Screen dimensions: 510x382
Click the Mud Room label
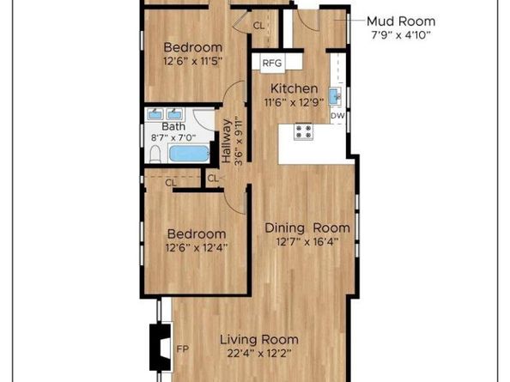401,21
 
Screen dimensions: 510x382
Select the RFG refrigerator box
272,63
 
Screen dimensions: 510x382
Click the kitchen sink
335,96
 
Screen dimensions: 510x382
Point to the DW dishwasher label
337,116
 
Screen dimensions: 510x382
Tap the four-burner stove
303,131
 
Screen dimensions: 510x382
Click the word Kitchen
294,88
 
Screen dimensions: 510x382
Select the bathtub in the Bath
189,154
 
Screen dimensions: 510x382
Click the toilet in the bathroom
155,155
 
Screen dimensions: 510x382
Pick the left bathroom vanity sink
155,114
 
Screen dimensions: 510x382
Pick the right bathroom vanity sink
174,114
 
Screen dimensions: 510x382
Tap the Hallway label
227,141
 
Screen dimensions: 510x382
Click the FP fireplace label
183,349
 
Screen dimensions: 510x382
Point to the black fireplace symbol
160,347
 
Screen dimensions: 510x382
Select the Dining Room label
307,227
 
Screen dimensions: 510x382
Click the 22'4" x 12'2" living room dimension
259,354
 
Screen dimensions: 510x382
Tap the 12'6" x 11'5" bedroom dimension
194,61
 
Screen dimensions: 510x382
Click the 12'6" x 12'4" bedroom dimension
197,248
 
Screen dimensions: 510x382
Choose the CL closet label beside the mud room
259,26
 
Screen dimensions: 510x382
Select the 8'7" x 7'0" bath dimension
173,138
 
